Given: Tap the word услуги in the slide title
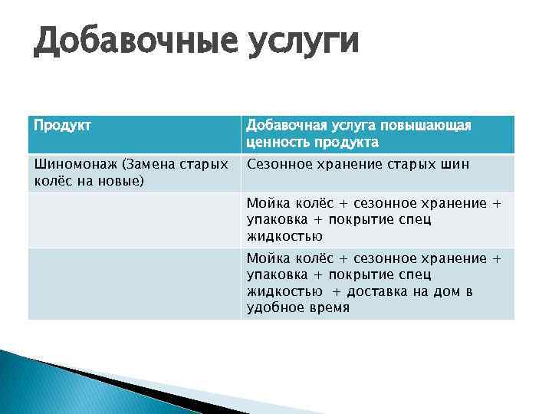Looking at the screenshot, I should (x=303, y=43).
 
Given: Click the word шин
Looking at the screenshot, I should (x=457, y=164).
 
